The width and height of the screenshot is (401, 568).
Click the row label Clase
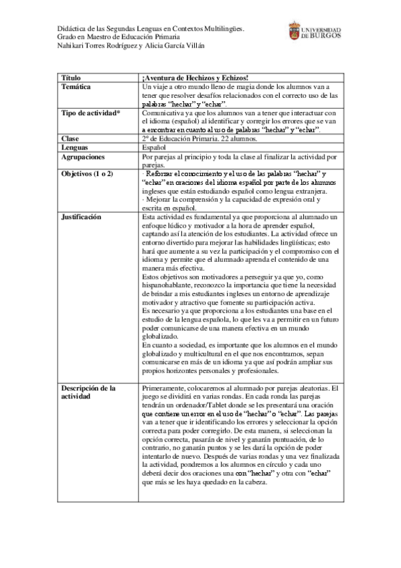pyautogui.click(x=70, y=139)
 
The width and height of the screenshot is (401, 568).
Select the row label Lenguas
pyautogui.click(x=74, y=147)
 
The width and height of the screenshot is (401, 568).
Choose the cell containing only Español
pyautogui.click(x=155, y=147)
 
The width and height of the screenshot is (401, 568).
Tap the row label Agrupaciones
pyautogui.click(x=83, y=155)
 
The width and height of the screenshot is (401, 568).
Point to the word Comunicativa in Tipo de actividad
pyautogui.click(x=165, y=113)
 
